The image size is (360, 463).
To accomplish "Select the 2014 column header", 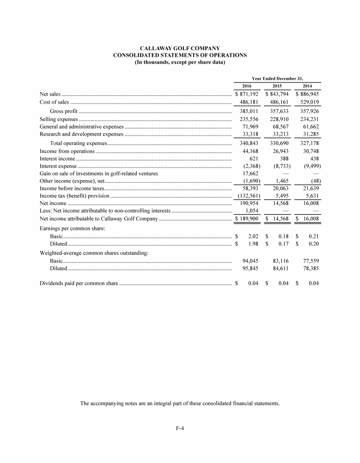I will point(307,86).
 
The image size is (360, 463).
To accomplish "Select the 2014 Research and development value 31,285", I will point(309,135).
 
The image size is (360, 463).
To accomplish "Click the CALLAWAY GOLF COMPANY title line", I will point(180,48).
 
